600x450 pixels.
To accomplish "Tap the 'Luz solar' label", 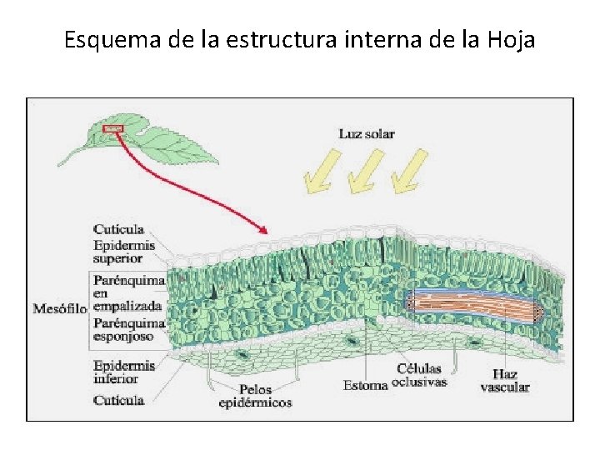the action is pos(366,133).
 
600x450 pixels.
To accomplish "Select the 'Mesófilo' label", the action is pos(59,309).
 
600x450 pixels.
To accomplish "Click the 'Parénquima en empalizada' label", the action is pos(128,293).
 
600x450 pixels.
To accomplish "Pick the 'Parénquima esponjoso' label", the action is pos(128,329).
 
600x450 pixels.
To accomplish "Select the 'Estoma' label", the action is pos(365,385).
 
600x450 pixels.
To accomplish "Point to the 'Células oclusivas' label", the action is pos(420,375).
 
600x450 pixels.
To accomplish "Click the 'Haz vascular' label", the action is pos(505,380).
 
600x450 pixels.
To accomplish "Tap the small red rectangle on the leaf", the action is pos(112,128).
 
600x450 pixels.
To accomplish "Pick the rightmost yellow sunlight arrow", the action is pos(408,171).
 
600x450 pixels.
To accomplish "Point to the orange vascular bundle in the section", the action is pos(471,305).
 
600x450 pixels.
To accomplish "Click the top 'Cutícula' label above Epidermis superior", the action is pos(118,229).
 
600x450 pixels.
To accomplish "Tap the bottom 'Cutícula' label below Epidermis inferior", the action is pos(118,400).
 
